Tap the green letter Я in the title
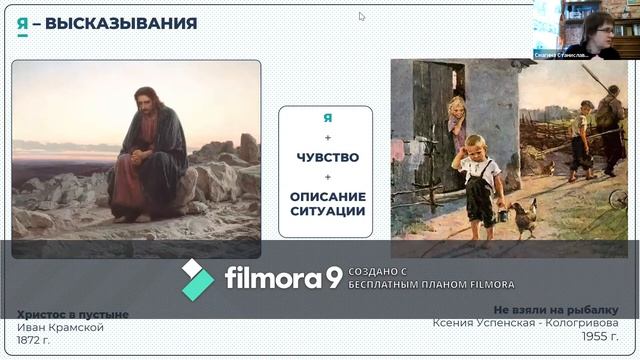pos(22,23)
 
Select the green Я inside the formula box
pos(326,118)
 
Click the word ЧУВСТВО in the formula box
pos(326,157)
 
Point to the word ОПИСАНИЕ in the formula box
pos(326,196)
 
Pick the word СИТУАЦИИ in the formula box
pos(326,211)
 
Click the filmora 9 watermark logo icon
pos(197,279)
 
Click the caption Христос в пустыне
pos(73,314)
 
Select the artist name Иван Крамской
pos(60,327)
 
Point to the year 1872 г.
pos(37,339)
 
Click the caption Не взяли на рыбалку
pos(556,309)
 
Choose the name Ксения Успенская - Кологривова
pos(525,322)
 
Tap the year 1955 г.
pos(599,336)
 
